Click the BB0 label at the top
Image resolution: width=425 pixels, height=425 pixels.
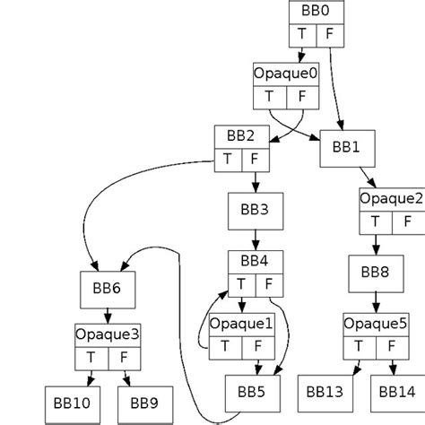(316, 12)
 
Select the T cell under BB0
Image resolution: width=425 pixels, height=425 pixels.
(302, 34)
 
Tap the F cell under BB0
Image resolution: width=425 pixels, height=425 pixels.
(328, 34)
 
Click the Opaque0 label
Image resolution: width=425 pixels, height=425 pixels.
(286, 74)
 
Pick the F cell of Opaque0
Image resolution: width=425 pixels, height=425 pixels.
(302, 97)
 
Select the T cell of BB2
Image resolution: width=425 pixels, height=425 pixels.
(227, 160)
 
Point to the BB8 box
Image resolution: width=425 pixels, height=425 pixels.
(376, 273)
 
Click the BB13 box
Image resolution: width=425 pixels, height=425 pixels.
(325, 392)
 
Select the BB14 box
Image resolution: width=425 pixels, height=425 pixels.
(395, 392)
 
